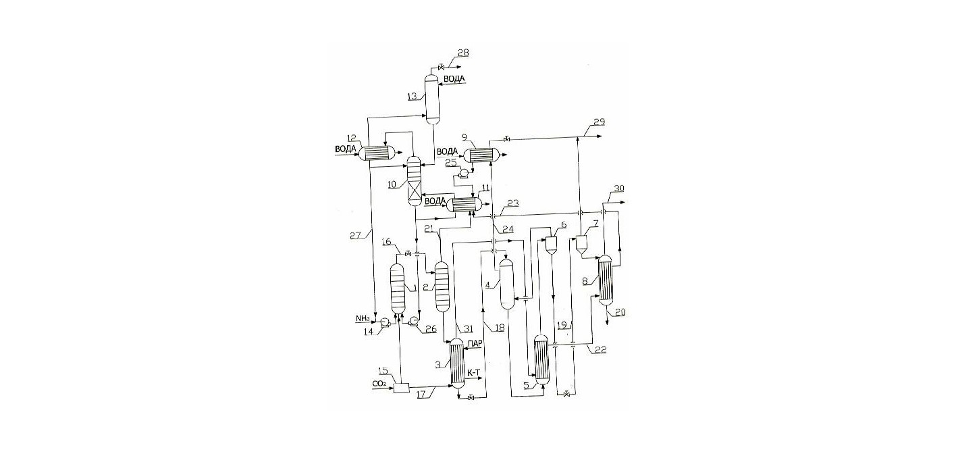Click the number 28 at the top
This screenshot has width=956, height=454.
tap(462, 53)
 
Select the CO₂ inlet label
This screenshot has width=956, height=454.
tap(379, 384)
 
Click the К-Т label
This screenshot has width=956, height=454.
tap(475, 372)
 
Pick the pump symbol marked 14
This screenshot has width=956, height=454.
tap(85, 320)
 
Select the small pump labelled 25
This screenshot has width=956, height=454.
tap(462, 173)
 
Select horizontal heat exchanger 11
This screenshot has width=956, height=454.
tap(464, 205)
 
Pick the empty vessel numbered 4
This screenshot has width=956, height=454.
tap(506, 284)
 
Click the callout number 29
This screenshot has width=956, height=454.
tap(600, 122)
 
